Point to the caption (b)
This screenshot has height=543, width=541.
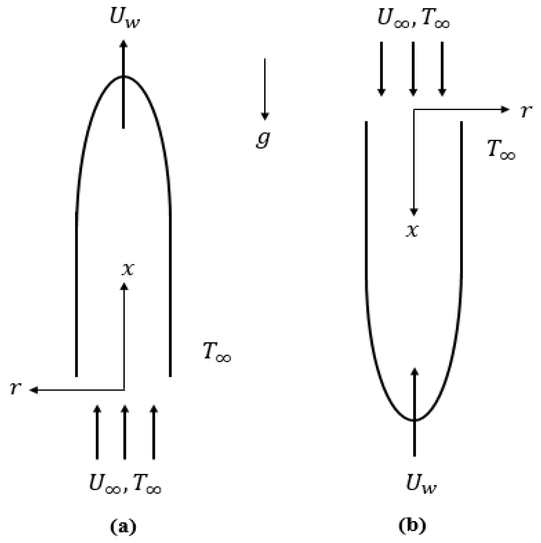tap(412, 525)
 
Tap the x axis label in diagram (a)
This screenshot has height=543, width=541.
tap(128, 269)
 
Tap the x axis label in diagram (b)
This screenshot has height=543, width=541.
tap(412, 231)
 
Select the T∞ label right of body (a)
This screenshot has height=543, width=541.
tap(217, 352)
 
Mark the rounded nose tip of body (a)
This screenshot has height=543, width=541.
tap(124, 77)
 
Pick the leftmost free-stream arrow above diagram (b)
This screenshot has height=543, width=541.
tap(381, 69)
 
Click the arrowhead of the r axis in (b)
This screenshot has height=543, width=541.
tap(505, 110)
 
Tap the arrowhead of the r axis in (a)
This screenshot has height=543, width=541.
tap(34, 390)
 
